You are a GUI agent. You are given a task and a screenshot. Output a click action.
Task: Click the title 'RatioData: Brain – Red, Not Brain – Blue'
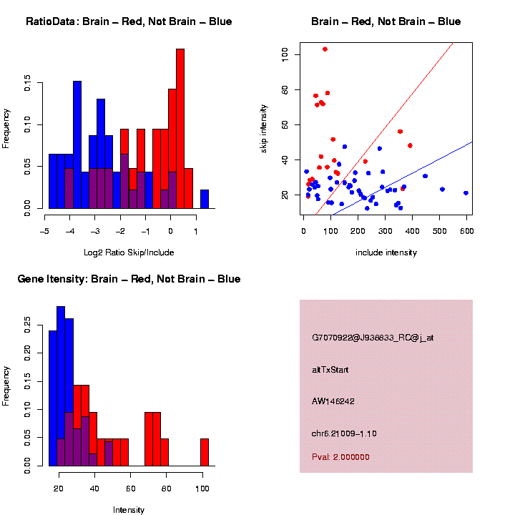(x=129, y=22)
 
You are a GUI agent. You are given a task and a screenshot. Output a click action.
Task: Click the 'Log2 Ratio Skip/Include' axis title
(x=129, y=252)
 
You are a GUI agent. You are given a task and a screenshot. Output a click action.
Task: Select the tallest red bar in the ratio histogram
(x=180, y=129)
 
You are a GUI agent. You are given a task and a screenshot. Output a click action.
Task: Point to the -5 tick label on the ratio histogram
(x=44, y=232)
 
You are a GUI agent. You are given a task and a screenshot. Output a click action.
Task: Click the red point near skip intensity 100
(x=325, y=49)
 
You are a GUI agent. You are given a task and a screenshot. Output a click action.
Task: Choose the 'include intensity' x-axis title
(x=386, y=252)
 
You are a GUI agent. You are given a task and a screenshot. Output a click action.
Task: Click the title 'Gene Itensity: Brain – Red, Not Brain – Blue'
(x=129, y=279)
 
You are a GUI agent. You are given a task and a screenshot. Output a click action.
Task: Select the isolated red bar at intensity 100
(x=204, y=452)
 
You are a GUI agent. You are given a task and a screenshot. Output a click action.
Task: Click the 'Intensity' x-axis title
(x=129, y=510)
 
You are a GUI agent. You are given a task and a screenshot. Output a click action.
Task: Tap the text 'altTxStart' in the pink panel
(x=330, y=370)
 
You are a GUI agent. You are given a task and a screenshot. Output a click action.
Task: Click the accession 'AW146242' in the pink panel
(x=333, y=401)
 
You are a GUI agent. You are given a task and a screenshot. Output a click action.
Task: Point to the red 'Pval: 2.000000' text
(x=340, y=457)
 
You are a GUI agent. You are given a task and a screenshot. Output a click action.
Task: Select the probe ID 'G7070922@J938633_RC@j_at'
(x=373, y=338)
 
